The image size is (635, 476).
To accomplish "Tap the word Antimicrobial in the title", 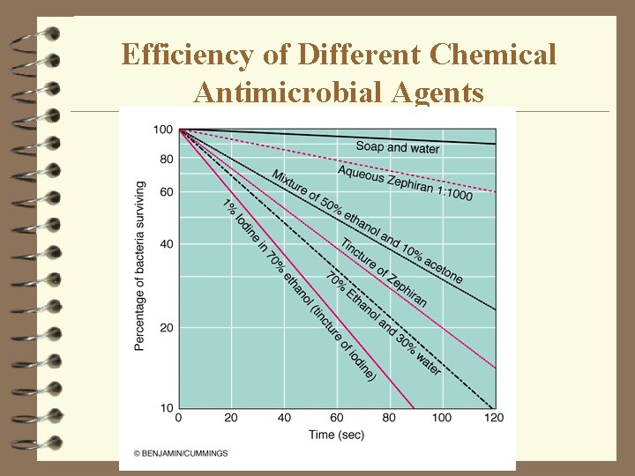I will (x=278, y=93).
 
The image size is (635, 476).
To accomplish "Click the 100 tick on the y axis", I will (x=162, y=130).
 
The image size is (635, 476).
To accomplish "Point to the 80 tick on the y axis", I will (x=165, y=160).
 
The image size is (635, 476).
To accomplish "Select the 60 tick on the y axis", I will (x=165, y=192).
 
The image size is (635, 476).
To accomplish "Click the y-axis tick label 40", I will (x=165, y=244).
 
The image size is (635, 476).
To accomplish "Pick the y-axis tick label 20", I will (x=165, y=328).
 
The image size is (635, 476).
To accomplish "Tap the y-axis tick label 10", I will (x=165, y=408).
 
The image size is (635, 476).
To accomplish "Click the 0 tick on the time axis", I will (x=179, y=417).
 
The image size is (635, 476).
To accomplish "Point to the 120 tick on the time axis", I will (x=495, y=417).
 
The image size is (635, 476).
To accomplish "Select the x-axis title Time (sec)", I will (x=336, y=434).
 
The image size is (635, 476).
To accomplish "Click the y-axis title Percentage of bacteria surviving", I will (x=140, y=266).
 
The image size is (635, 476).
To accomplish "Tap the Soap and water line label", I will (x=397, y=147).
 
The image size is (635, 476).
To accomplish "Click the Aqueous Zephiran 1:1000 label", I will (x=405, y=182).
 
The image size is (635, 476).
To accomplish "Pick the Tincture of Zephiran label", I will (x=384, y=272).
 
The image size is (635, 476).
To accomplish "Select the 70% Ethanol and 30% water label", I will (x=383, y=323).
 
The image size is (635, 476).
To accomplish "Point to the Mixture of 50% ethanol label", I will (x=367, y=226).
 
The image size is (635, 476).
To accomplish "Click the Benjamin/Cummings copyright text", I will (x=181, y=453).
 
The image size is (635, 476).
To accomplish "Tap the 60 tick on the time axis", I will (x=337, y=417).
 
